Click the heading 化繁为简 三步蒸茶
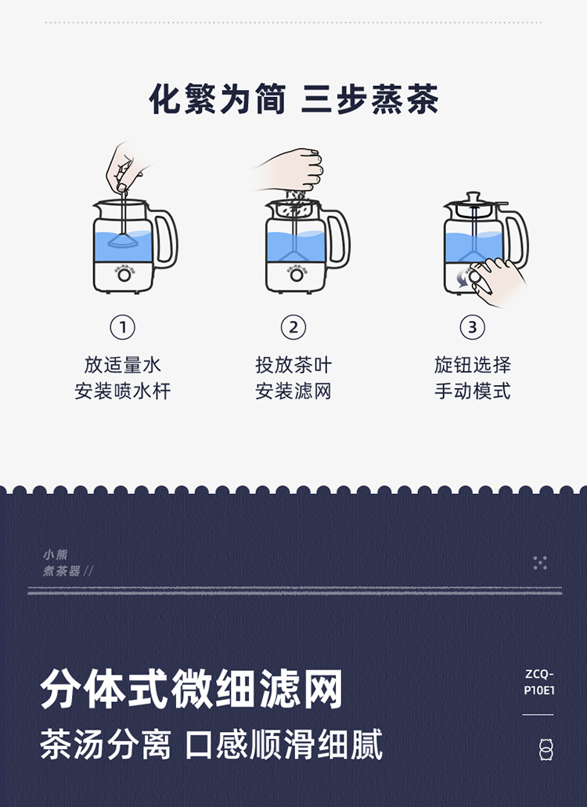(293, 99)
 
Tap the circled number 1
(122, 327)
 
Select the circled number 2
(293, 327)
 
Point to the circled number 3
(472, 327)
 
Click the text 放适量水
(122, 365)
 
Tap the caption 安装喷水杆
(122, 391)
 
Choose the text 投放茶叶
(293, 365)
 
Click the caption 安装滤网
(293, 391)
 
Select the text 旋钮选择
(472, 365)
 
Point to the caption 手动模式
(472, 391)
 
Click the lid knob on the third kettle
(471, 196)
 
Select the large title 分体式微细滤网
(192, 689)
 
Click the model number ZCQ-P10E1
(538, 682)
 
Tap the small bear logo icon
(546, 749)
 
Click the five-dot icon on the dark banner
(540, 563)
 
